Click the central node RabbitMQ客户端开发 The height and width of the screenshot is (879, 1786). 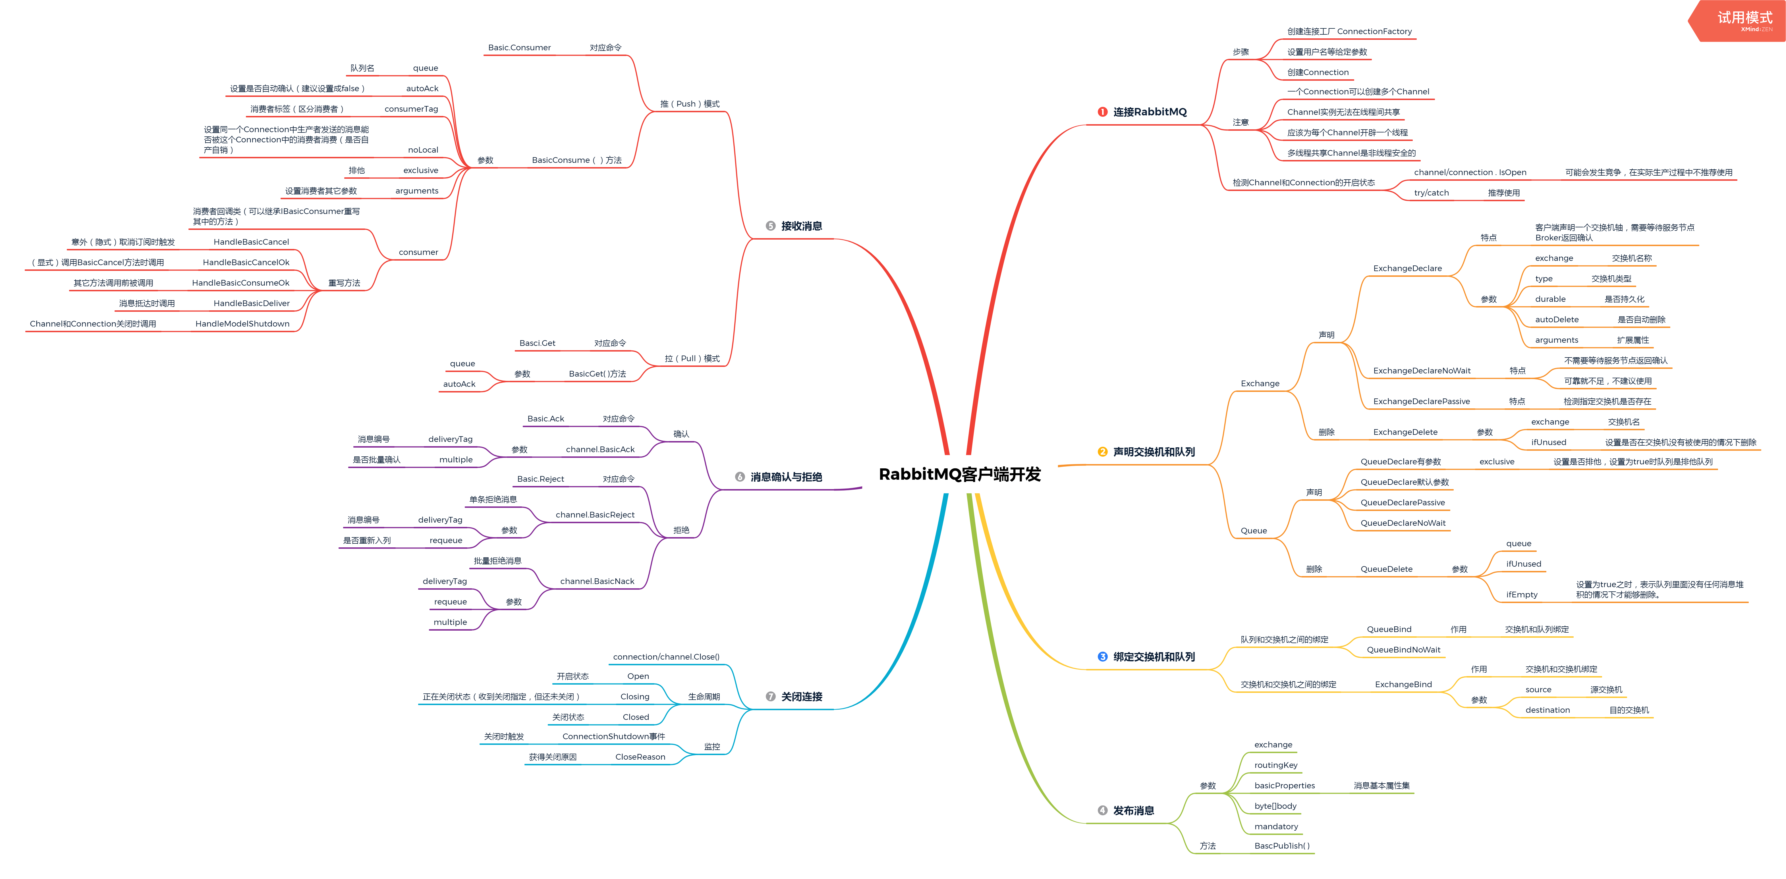tap(960, 474)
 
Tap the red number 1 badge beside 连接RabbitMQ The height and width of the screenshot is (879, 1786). tap(1102, 112)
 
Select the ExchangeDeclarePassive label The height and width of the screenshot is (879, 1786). tap(1421, 401)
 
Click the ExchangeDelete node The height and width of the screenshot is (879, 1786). tap(1405, 432)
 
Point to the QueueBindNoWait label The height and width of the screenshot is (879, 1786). tap(1403, 650)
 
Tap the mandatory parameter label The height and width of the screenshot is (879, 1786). tap(1276, 826)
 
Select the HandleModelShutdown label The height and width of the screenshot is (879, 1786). tap(242, 324)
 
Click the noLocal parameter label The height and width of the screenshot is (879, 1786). tap(423, 150)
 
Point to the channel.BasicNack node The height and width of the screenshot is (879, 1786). tap(597, 581)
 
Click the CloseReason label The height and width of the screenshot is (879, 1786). tap(640, 757)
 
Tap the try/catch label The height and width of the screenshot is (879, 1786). tap(1431, 193)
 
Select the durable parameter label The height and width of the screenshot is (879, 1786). tap(1550, 299)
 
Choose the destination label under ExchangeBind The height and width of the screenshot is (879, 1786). tap(1548, 710)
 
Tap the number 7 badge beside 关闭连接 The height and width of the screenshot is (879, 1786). tap(770, 697)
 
